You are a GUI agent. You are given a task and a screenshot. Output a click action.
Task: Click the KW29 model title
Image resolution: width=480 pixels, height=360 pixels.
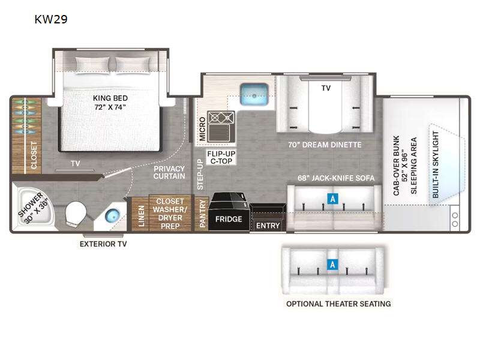(x=51, y=19)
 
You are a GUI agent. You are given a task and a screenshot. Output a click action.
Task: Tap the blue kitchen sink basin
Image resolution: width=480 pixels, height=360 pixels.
(x=254, y=94)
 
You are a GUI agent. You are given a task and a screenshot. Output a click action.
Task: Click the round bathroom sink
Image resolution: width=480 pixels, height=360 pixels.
(x=112, y=215)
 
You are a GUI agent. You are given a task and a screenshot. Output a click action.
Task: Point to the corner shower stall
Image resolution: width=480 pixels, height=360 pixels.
(x=34, y=208)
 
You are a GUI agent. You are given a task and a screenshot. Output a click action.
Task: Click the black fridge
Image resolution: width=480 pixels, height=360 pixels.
(x=229, y=212)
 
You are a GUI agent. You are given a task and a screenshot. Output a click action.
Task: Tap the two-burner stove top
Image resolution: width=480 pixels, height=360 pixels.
(x=221, y=118)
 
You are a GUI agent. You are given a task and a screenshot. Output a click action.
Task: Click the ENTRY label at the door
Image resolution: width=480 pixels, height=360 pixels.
(x=268, y=226)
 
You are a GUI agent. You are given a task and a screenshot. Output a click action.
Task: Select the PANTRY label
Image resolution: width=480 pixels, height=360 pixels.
(x=202, y=214)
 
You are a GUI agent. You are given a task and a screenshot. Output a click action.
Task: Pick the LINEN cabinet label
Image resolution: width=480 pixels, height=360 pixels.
(x=141, y=216)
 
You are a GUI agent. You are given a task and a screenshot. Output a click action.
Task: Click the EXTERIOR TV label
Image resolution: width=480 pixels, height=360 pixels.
(x=103, y=244)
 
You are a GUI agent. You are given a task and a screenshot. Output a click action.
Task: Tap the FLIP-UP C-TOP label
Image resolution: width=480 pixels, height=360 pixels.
(x=221, y=157)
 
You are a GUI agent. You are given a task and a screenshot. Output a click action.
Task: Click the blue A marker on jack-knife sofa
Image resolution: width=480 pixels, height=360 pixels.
(x=332, y=199)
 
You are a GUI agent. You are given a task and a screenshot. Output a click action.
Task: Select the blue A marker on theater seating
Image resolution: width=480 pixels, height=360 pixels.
(x=332, y=264)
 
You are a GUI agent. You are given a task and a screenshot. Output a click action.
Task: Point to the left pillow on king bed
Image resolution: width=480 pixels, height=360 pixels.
(x=92, y=65)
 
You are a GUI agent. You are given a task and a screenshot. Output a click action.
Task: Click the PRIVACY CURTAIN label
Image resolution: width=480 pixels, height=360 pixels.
(x=169, y=172)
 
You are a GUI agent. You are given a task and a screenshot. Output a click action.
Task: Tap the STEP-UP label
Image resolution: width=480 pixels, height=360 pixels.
(x=200, y=174)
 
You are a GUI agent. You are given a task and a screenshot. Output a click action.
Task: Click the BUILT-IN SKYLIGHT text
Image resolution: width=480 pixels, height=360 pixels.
(x=436, y=164)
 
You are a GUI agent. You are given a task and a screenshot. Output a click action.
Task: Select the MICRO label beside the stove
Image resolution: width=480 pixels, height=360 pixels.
(x=202, y=129)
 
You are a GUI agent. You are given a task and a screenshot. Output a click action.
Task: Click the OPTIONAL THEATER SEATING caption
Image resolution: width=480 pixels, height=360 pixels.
(x=338, y=304)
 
